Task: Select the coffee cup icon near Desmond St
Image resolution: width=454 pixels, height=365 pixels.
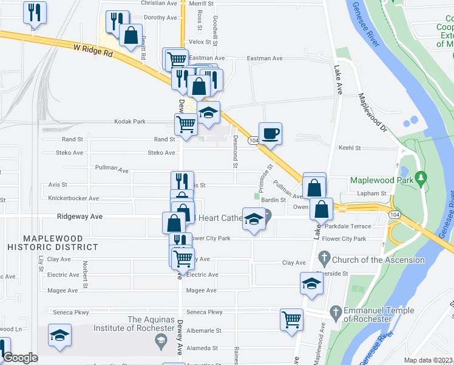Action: point(270,133)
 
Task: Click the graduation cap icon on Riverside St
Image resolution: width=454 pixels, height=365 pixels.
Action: point(312,283)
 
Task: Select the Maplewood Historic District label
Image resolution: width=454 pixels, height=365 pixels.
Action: point(52,242)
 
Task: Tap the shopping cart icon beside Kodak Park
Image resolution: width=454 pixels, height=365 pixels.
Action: point(186,123)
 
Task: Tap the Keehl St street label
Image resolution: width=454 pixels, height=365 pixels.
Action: point(350,148)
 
